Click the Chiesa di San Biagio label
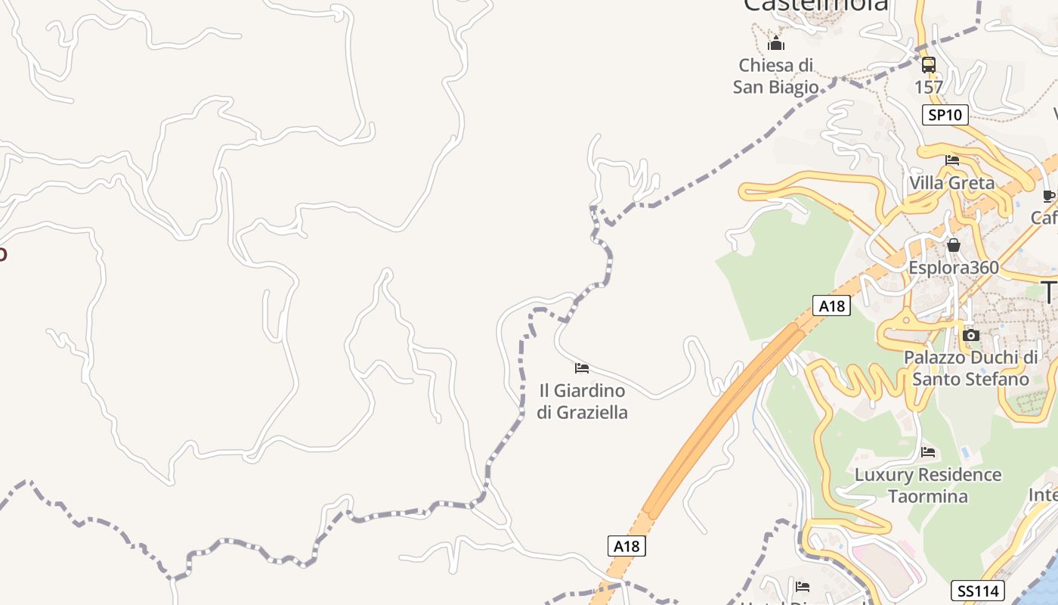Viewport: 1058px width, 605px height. [776, 76]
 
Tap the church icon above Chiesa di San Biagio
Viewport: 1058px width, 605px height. [776, 43]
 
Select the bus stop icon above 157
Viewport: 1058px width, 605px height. [929, 65]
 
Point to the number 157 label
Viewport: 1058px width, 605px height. [929, 87]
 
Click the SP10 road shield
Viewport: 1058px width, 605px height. [945, 115]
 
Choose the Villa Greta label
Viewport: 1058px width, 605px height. [952, 183]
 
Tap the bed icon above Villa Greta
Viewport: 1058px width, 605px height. [952, 160]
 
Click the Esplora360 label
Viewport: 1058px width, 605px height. [954, 268]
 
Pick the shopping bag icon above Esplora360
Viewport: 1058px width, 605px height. [954, 245]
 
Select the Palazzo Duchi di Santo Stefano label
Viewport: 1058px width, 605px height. [971, 368]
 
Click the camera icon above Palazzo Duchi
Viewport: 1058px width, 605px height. [972, 335]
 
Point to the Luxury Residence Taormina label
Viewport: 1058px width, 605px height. [928, 486]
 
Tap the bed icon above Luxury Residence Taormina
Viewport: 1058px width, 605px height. [929, 452]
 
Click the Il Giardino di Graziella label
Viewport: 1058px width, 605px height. [582, 402]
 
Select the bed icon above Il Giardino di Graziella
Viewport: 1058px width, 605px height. [582, 368]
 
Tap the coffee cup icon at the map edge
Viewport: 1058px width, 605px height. [1049, 197]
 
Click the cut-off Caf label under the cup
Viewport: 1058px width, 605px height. [1044, 218]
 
